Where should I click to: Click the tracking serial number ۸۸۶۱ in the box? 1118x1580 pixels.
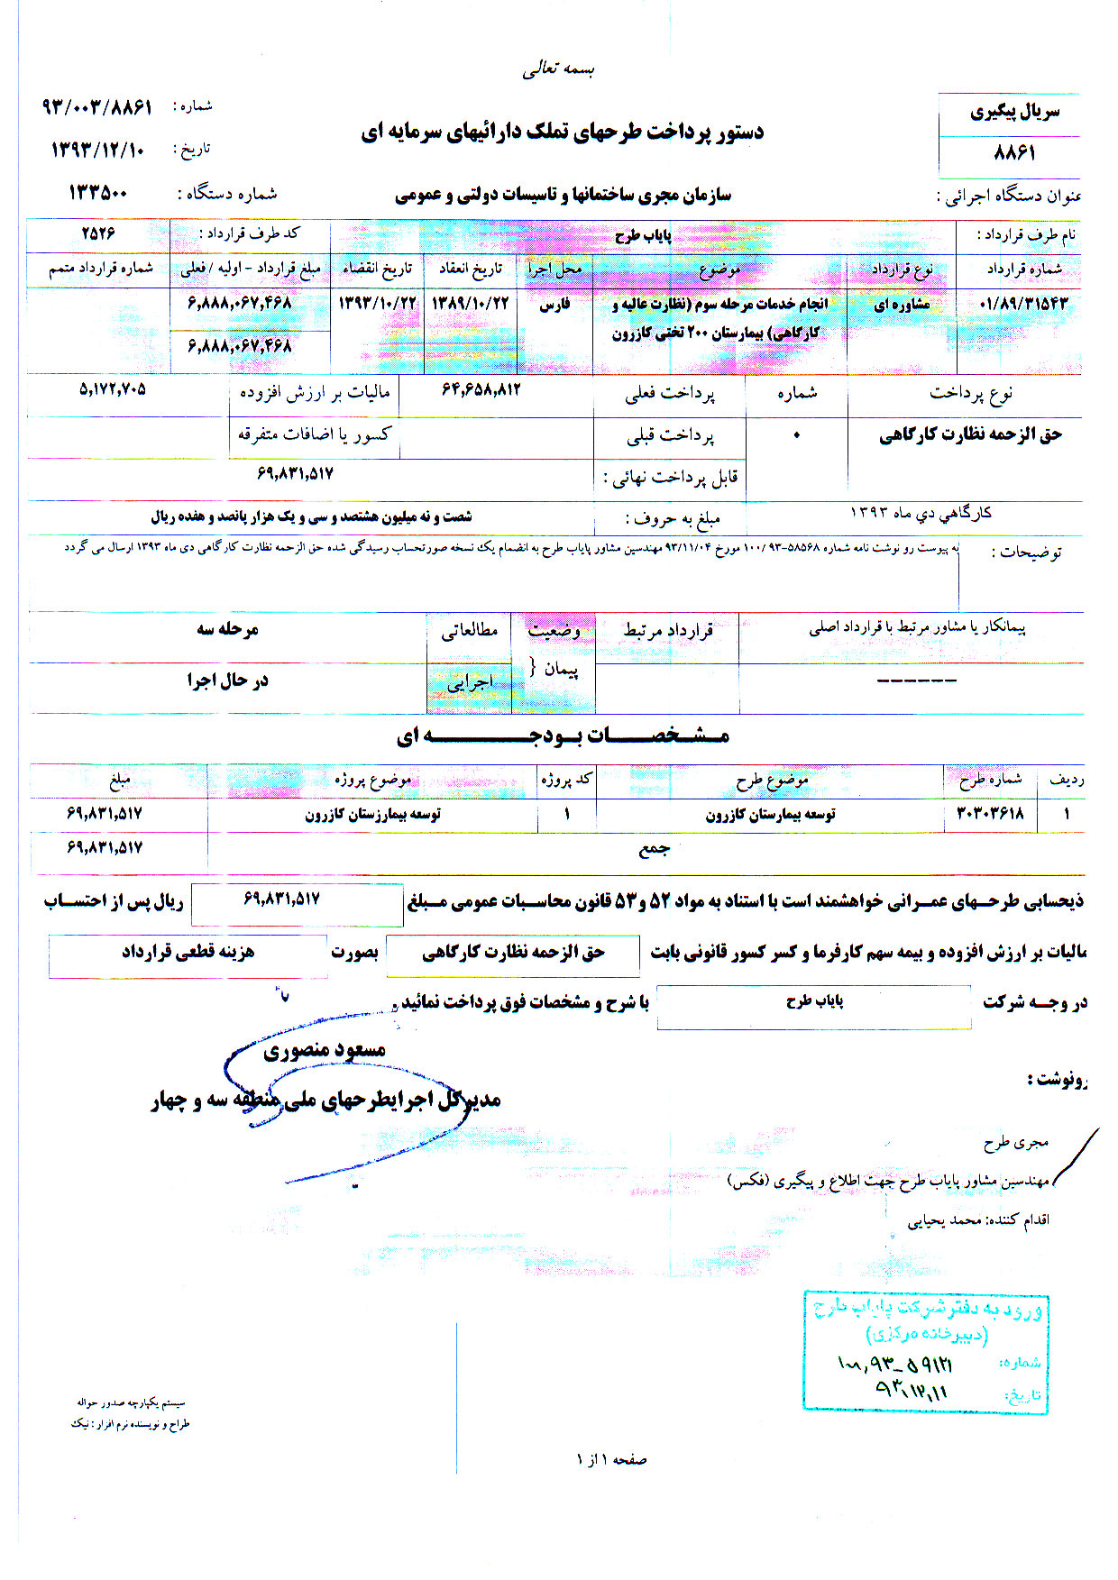(x=1013, y=153)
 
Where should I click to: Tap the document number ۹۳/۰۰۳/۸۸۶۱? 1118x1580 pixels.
(x=97, y=106)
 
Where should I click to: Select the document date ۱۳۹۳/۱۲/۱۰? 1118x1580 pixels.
(x=97, y=150)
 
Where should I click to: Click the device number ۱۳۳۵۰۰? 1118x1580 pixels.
(x=98, y=193)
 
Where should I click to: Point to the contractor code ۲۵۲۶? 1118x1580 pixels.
(x=98, y=233)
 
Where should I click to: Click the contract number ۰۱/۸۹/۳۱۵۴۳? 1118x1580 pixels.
(x=1022, y=304)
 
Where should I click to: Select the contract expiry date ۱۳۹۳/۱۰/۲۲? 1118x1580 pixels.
(x=377, y=304)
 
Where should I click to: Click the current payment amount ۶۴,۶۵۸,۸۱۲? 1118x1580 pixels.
(x=481, y=390)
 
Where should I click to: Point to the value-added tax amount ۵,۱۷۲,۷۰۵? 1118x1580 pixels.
(x=113, y=390)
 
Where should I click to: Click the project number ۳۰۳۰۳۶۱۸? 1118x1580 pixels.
(x=990, y=814)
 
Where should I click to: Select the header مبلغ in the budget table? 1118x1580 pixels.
(x=119, y=780)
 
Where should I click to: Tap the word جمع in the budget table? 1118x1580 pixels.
(x=654, y=849)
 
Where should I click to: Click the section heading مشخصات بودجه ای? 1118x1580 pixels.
(x=563, y=736)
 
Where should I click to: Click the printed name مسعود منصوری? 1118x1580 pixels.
(x=325, y=1050)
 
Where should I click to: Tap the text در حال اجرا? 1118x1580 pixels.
(x=228, y=680)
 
